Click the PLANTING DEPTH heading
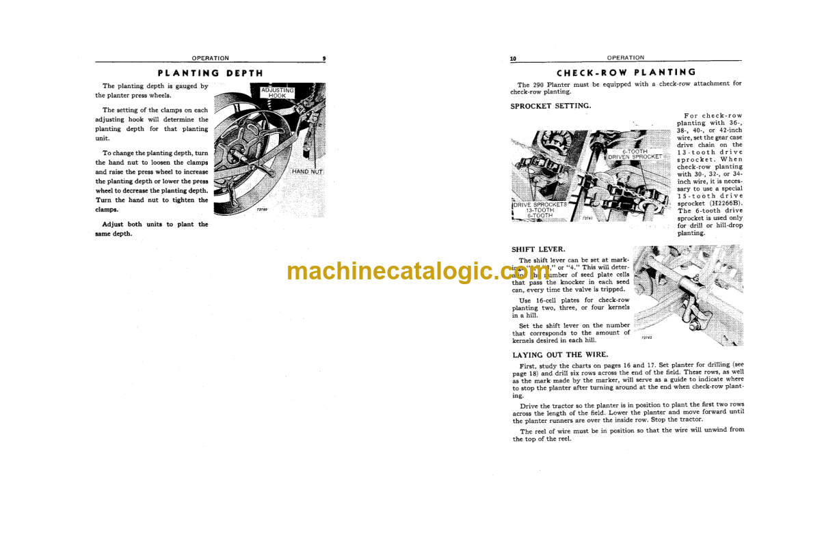tap(210, 73)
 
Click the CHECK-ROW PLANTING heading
tap(626, 72)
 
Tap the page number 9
tap(323, 59)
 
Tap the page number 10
tap(514, 59)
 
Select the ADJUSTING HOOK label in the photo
tap(278, 93)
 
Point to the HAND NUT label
tap(307, 171)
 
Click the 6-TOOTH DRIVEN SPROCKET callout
tap(635, 154)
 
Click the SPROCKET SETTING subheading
tap(550, 106)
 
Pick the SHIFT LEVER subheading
tap(538, 249)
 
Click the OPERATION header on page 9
tap(210, 58)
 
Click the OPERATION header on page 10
tap(625, 58)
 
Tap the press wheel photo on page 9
tap(269, 150)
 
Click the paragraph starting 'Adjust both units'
tap(152, 229)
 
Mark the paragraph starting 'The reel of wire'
tap(628, 434)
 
